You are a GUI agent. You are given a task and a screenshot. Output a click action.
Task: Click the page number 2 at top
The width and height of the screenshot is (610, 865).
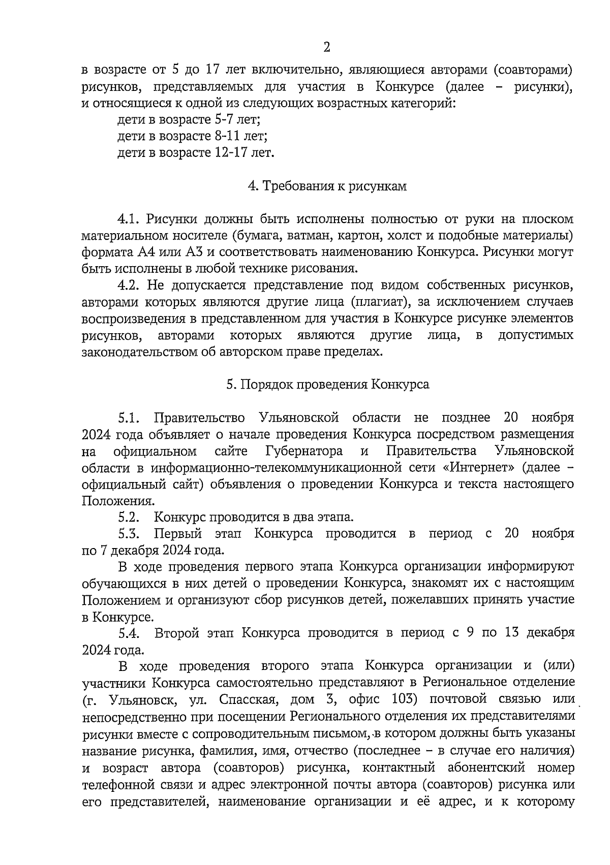click(326, 48)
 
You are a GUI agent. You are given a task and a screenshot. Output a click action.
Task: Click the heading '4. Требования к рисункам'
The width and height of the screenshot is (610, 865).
click(327, 186)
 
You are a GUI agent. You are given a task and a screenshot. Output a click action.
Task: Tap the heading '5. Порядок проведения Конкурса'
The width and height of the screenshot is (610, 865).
click(327, 385)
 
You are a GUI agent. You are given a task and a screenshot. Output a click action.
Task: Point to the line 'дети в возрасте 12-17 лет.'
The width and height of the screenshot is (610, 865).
click(196, 153)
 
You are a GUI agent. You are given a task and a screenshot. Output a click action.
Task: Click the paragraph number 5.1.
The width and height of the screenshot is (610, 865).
click(129, 418)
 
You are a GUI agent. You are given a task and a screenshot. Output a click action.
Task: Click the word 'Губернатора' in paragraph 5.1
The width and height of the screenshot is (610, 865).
click(303, 451)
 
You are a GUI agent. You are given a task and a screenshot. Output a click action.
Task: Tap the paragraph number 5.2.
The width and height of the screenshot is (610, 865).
click(129, 517)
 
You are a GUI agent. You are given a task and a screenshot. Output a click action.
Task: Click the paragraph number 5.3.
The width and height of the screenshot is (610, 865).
click(129, 534)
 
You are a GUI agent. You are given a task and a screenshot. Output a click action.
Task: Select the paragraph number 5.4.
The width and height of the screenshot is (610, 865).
click(129, 633)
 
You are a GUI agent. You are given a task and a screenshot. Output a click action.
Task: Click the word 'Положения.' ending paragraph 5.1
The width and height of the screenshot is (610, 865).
click(111, 501)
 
